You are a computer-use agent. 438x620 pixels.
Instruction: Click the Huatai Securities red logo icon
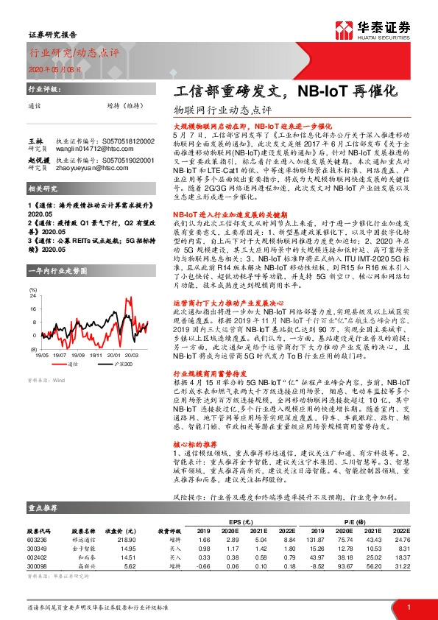(342, 29)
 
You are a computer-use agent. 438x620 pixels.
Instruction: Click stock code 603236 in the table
(38, 540)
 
